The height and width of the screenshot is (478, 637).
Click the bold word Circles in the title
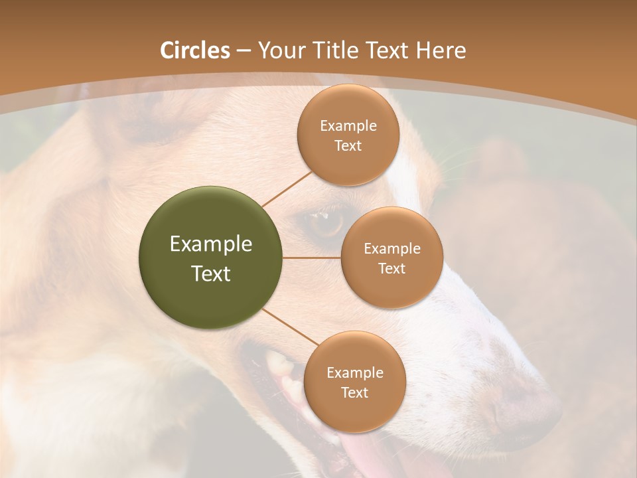(194, 50)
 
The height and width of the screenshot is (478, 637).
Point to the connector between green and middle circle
(312, 258)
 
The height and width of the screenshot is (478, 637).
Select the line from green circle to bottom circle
(291, 327)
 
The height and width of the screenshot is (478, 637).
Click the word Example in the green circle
(210, 244)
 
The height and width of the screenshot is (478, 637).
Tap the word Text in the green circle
(210, 274)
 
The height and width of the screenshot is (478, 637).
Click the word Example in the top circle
(348, 126)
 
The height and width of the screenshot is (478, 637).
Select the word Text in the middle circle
(391, 268)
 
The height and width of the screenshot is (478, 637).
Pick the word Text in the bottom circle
(354, 392)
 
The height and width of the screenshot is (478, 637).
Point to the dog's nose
(524, 405)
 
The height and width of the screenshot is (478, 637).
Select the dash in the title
(244, 51)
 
